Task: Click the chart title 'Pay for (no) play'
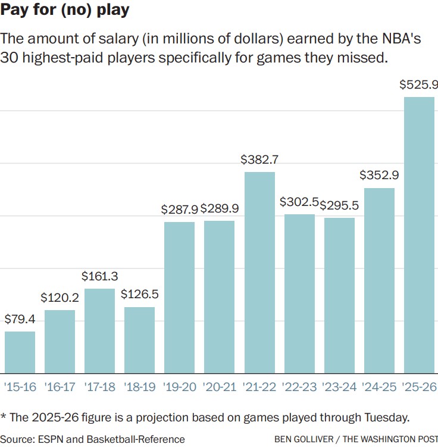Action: pyautogui.click(x=65, y=10)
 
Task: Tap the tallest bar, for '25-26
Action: pyautogui.click(x=419, y=235)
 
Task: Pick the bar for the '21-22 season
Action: pyautogui.click(x=259, y=272)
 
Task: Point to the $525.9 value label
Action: pyautogui.click(x=419, y=86)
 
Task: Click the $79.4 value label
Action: pyautogui.click(x=20, y=320)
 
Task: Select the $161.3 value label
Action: pyautogui.click(x=99, y=277)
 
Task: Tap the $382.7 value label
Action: pyautogui.click(x=259, y=160)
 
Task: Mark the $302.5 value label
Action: pyautogui.click(x=299, y=202)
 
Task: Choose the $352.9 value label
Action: pyautogui.click(x=379, y=176)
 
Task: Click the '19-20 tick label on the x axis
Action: pyautogui.click(x=179, y=387)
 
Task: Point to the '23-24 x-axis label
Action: pyautogui.click(x=339, y=387)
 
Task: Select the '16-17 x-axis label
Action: pyautogui.click(x=60, y=387)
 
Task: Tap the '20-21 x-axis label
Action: pyautogui.click(x=219, y=387)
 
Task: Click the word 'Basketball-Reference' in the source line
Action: pyautogui.click(x=136, y=439)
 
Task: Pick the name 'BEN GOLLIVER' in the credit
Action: pyautogui.click(x=303, y=440)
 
